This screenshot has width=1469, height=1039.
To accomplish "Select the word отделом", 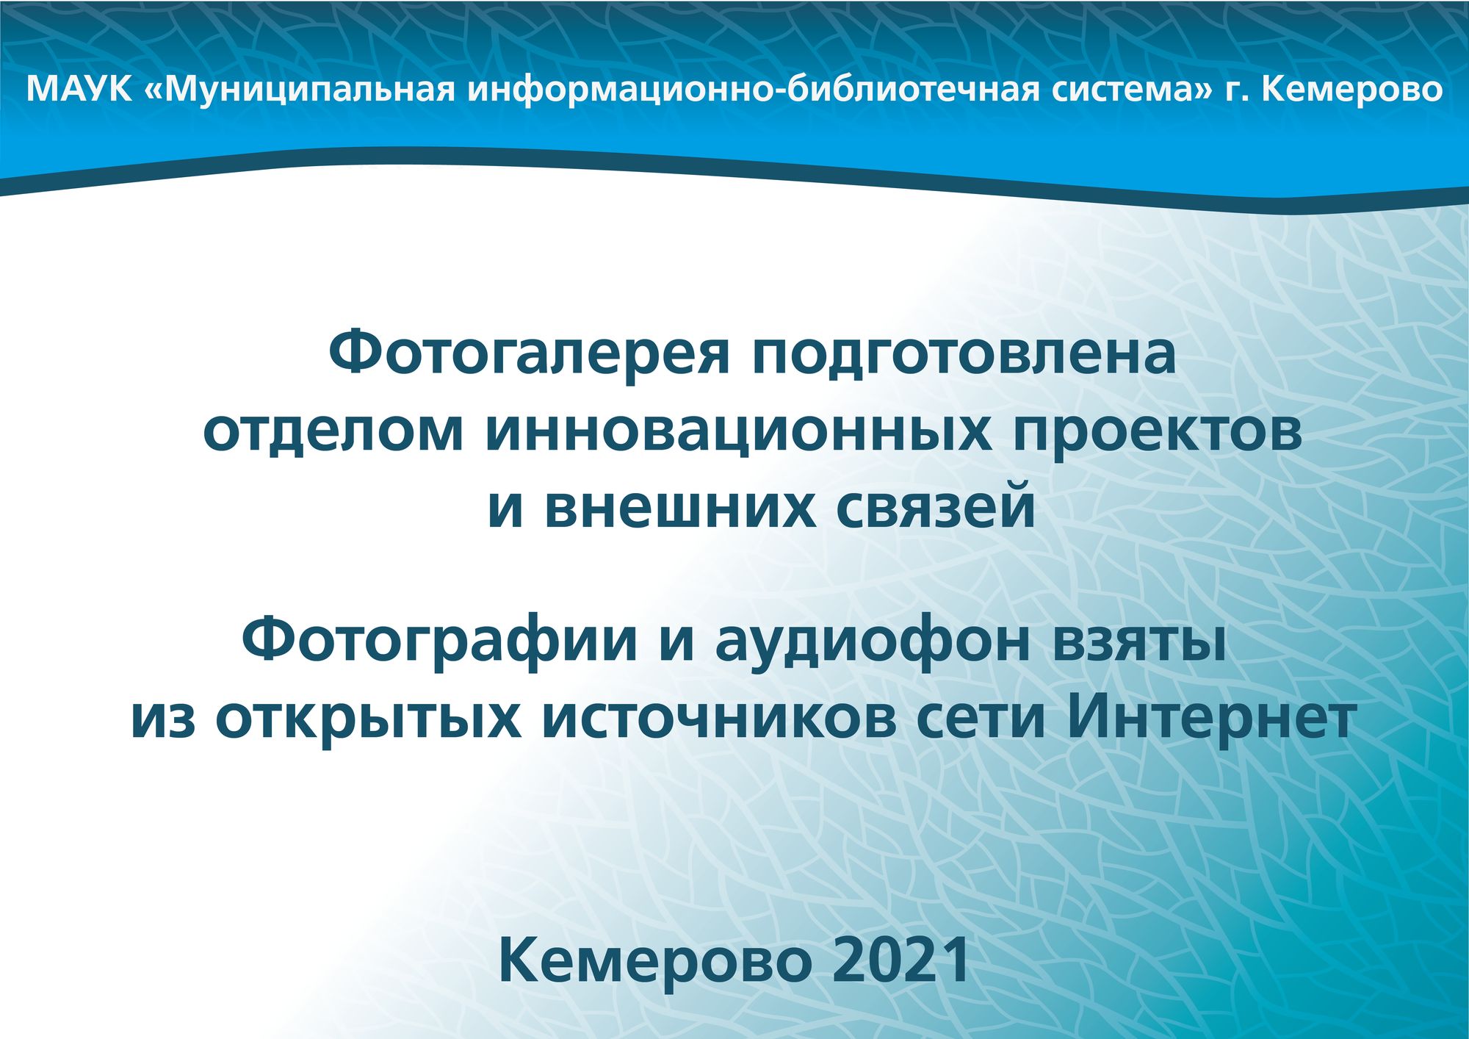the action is coord(333,432).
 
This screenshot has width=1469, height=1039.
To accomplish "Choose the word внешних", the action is coord(680,508).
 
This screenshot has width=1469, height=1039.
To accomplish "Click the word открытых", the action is coord(368,719).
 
